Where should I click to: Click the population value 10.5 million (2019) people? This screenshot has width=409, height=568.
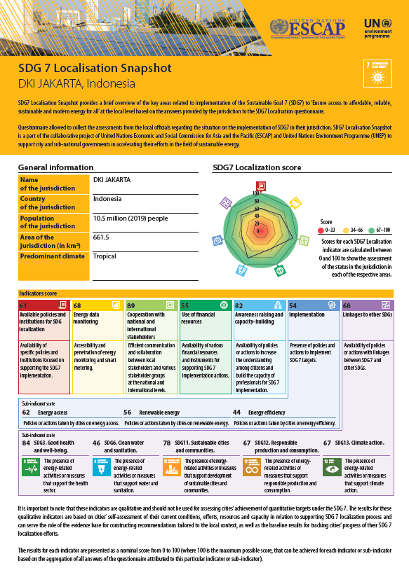pyautogui.click(x=130, y=218)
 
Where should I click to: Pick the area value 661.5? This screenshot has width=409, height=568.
pyautogui.click(x=102, y=237)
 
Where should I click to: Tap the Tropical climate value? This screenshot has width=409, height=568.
pyautogui.click(x=105, y=256)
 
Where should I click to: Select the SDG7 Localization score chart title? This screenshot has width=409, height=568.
pyautogui.click(x=257, y=167)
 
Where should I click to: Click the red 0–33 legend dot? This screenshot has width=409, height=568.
pyautogui.click(x=321, y=229)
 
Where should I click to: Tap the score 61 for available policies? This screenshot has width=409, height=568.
pyautogui.click(x=23, y=305)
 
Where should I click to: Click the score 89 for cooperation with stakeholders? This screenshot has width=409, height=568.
pyautogui.click(x=131, y=305)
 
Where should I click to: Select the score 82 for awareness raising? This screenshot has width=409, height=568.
pyautogui.click(x=239, y=305)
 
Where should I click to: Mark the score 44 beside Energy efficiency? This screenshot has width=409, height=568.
pyautogui.click(x=236, y=413)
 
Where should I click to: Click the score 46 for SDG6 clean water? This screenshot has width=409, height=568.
pyautogui.click(x=96, y=443)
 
